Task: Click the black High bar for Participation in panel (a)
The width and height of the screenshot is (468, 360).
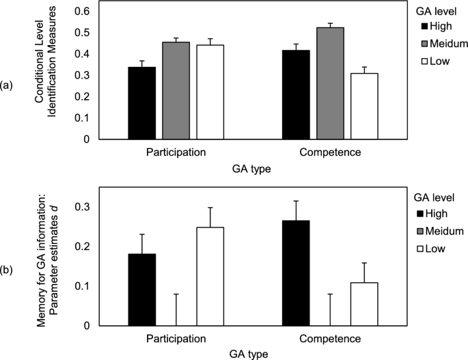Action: pos(142,103)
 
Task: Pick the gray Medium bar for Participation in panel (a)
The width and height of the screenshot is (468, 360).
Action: pos(176,90)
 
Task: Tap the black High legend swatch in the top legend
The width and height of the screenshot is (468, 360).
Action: pos(424,27)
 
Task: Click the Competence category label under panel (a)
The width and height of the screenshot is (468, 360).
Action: pos(330,152)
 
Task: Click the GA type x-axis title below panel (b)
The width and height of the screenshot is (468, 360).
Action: pos(244,354)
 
